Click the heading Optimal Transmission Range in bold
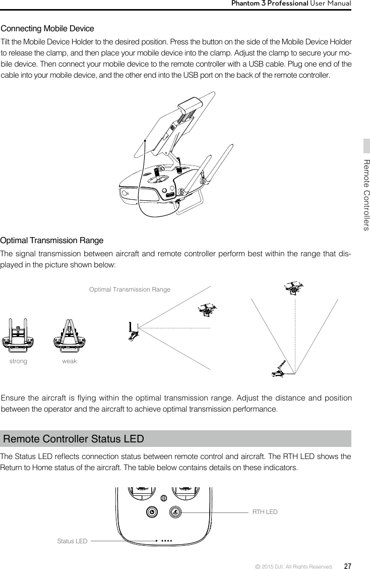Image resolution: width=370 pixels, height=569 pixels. click(52, 240)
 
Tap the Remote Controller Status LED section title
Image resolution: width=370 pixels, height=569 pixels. click(74, 438)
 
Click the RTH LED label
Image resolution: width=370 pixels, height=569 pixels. click(265, 512)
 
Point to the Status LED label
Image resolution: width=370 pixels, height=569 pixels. click(72, 541)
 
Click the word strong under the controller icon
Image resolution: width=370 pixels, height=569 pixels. click(19, 362)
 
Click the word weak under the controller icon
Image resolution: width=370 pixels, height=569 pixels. click(70, 362)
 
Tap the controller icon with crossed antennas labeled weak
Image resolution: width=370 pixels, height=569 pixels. click(70, 336)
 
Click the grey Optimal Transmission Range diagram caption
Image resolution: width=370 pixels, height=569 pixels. click(130, 290)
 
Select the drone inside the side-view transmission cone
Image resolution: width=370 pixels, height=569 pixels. click(207, 310)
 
